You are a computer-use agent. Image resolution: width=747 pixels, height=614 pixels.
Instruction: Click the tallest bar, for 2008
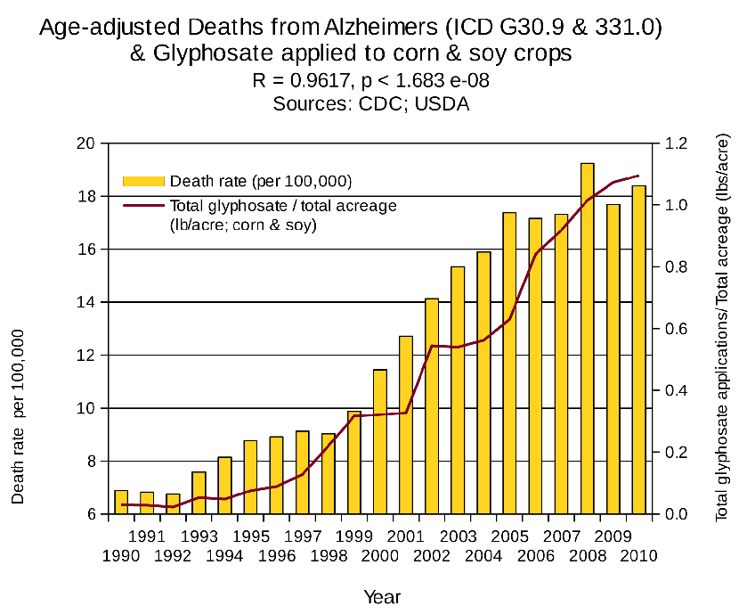(587, 339)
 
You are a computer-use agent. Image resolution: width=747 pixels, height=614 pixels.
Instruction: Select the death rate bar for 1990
(121, 503)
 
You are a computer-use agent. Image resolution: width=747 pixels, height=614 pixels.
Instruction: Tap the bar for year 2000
(380, 442)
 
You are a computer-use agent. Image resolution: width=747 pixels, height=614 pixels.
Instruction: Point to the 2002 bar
(432, 406)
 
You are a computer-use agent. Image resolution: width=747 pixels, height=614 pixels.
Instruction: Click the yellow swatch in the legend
(143, 182)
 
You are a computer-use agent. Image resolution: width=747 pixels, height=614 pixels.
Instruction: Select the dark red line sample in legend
(143, 206)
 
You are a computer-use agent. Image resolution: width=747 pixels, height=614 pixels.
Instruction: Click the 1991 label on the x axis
(147, 536)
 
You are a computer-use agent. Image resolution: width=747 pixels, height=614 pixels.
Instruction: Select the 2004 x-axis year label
(483, 555)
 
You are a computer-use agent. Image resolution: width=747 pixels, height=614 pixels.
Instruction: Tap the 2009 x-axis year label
(613, 536)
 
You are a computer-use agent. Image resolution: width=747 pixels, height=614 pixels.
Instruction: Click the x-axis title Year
(382, 596)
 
